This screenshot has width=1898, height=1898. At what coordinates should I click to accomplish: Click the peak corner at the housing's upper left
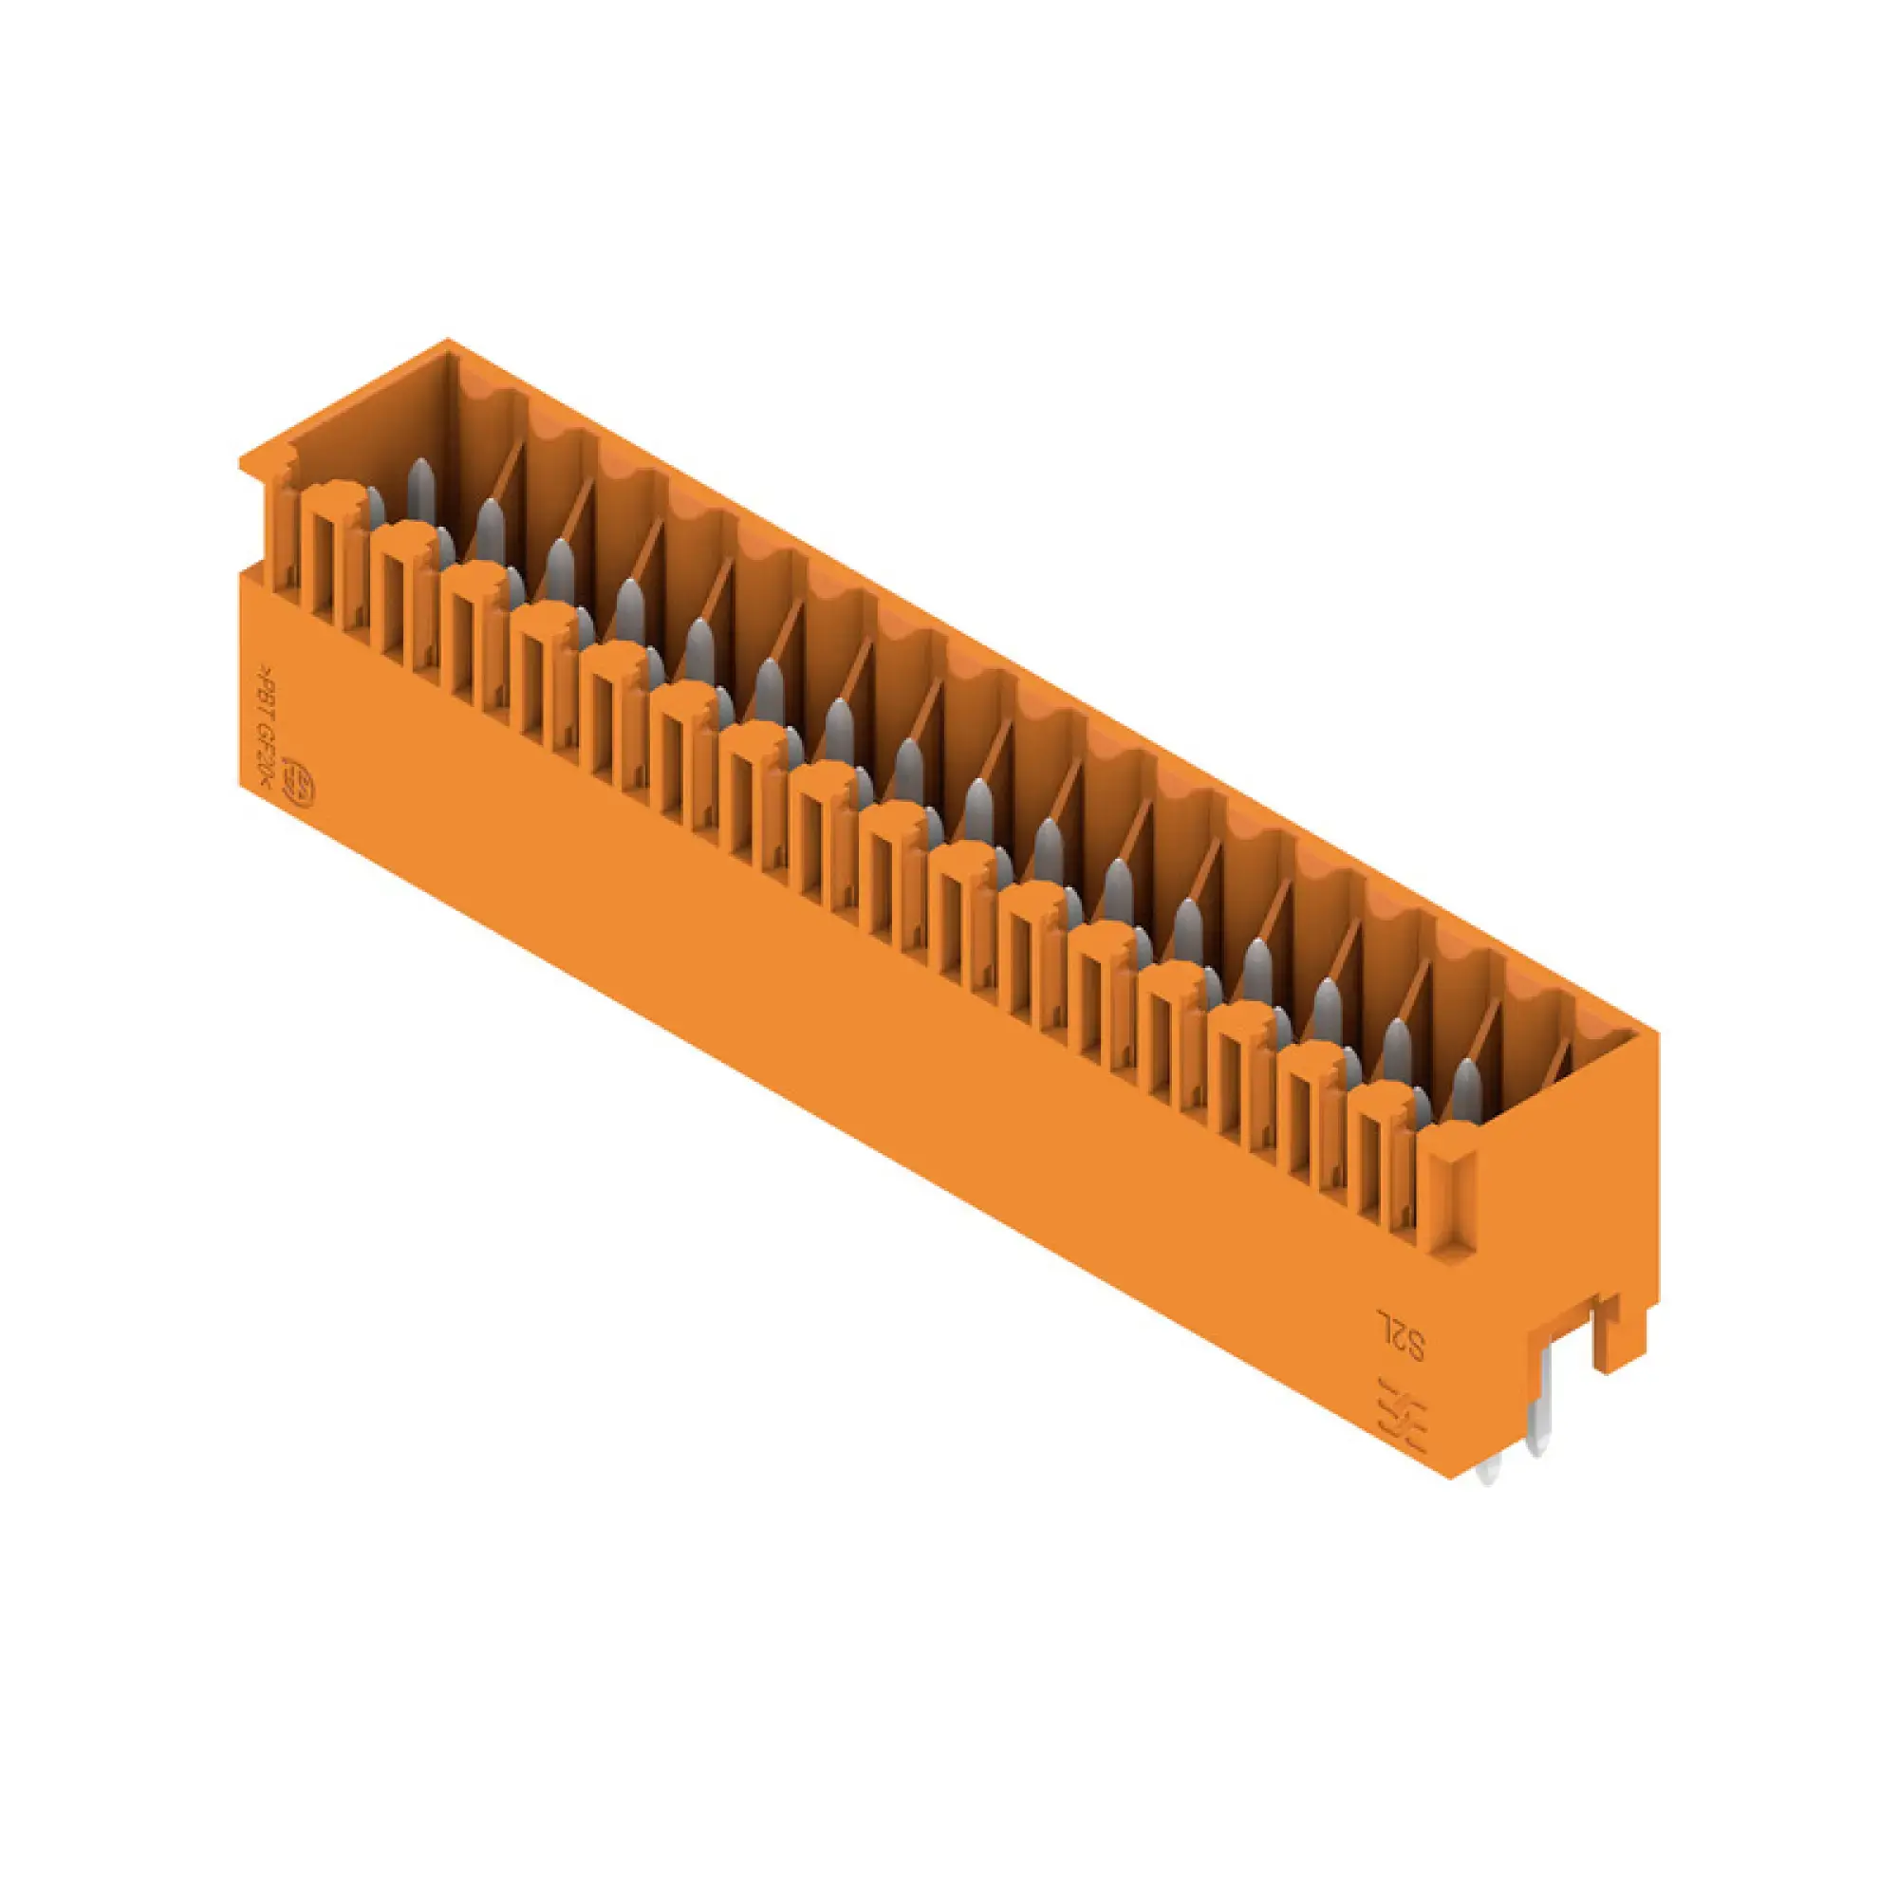pyautogui.click(x=448, y=342)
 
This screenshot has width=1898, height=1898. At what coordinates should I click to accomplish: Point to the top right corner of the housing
pyautogui.click(x=1658, y=1033)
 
